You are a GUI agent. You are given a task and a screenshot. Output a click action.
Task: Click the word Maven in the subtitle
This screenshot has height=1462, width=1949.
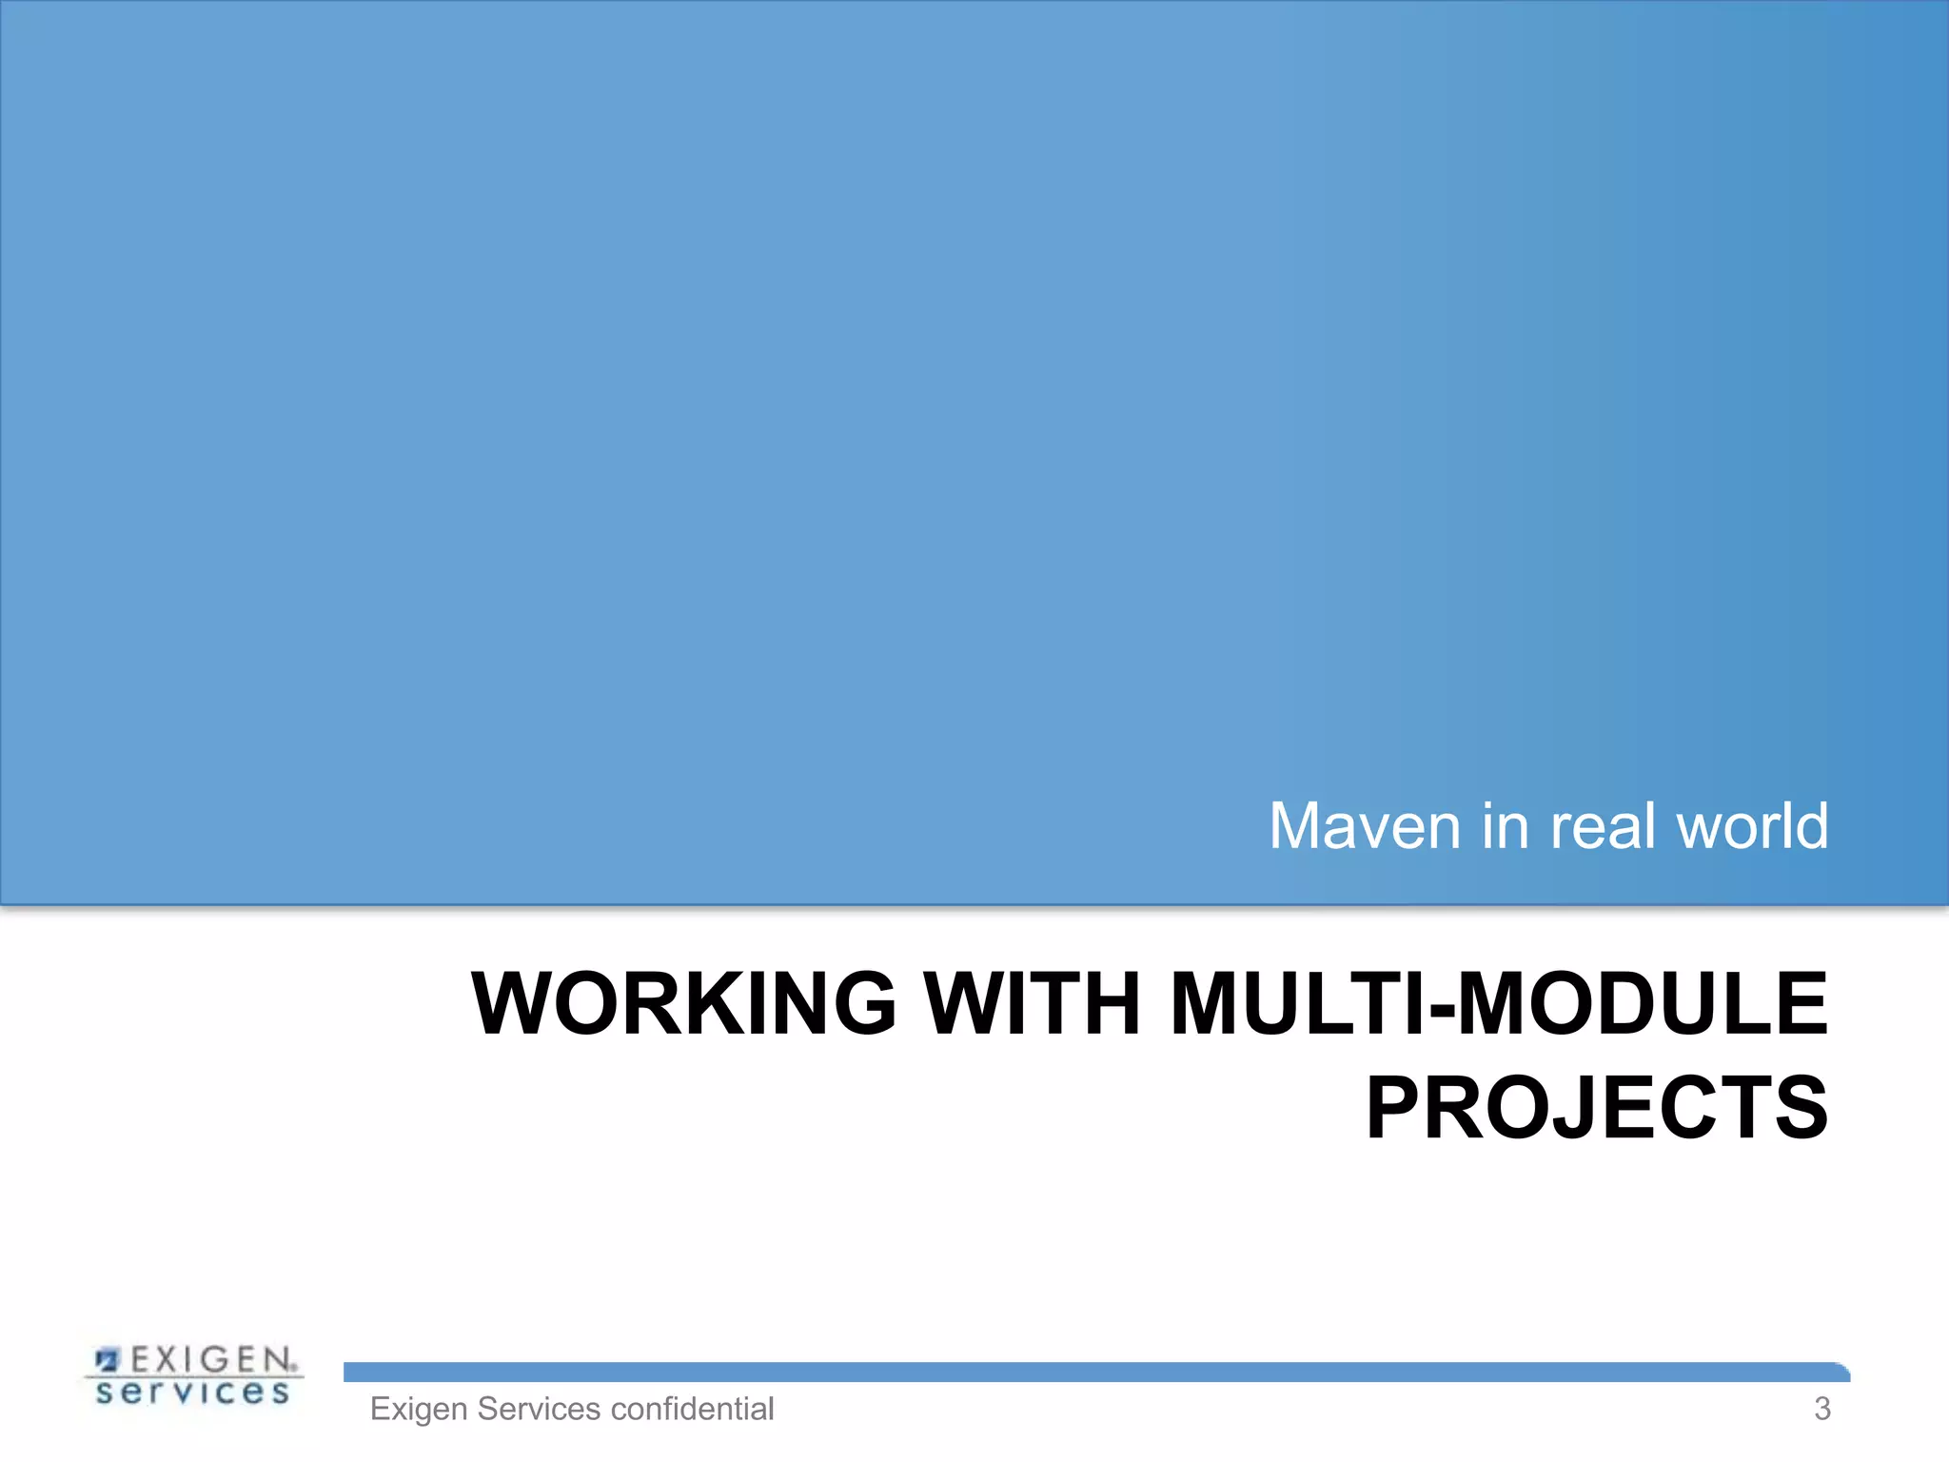[1365, 826]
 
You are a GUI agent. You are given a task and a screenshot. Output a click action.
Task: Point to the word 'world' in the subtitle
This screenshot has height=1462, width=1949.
[1752, 826]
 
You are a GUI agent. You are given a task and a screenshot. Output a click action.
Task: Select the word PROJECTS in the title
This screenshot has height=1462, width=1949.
[1597, 1107]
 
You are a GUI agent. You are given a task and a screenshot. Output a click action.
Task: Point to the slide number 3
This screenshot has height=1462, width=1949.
[1821, 1409]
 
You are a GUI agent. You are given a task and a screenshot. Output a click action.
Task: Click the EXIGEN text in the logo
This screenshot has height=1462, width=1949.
[211, 1359]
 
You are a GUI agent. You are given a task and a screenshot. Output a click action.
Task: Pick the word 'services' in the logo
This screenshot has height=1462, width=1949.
[192, 1393]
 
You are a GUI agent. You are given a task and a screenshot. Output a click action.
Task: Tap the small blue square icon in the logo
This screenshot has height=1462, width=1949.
[108, 1358]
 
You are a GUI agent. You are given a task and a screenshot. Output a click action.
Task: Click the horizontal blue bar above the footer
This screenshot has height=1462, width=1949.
[1094, 1372]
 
